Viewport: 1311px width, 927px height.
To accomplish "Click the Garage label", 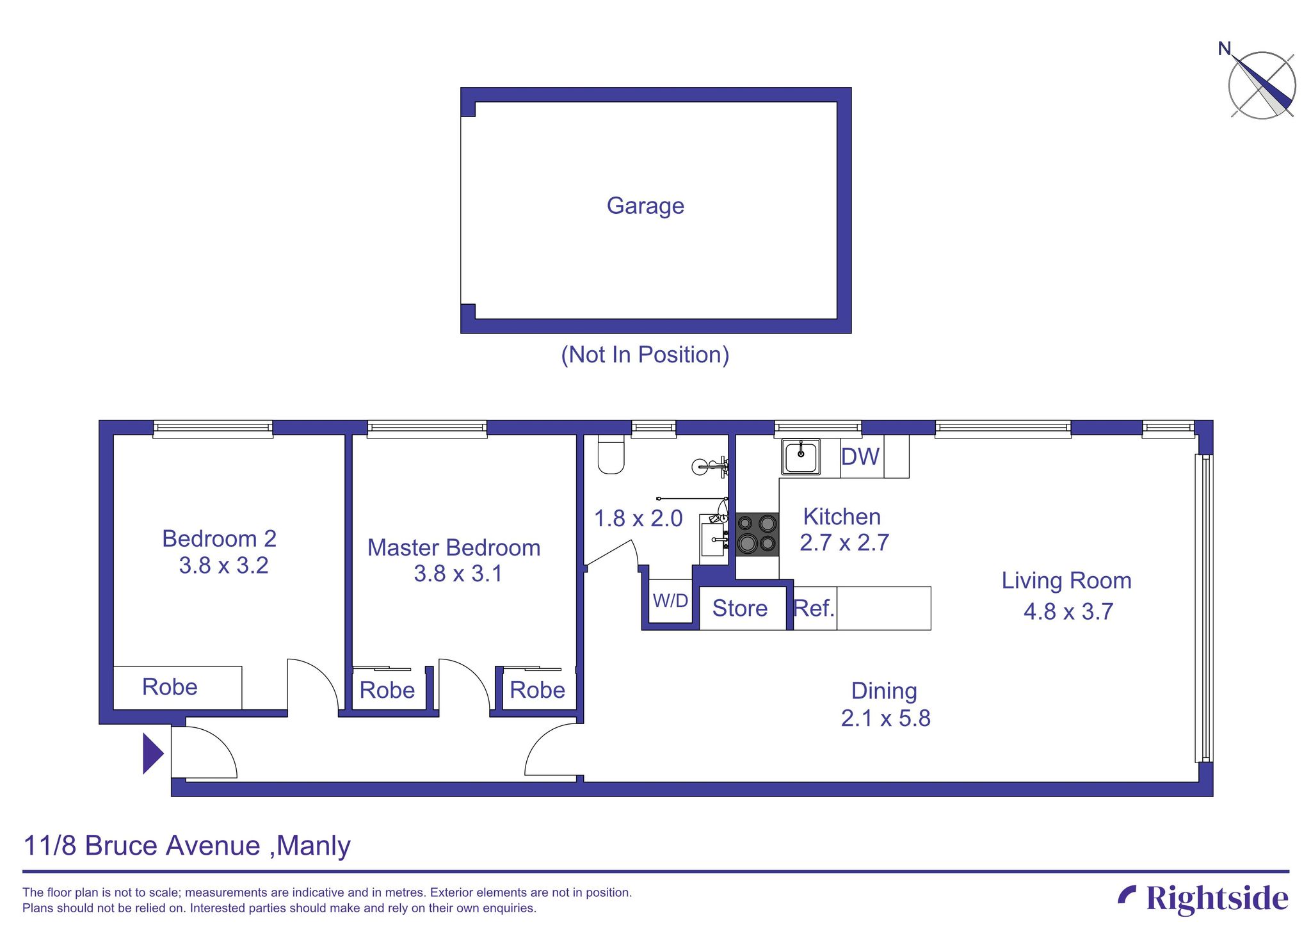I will coord(645,206).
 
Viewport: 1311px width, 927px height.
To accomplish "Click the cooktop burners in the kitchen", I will coord(757,534).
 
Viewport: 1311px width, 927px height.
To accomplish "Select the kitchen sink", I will coord(800,457).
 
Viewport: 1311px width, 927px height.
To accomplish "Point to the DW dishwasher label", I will coord(860,457).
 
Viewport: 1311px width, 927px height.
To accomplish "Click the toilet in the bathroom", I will coord(611,454).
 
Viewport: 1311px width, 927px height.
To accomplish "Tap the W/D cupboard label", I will coord(670,601).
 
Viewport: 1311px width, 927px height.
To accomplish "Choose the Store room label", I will coord(739,608).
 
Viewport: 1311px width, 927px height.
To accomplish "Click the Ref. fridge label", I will coord(814,608).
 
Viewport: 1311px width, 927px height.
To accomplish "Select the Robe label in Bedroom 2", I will coord(170,687).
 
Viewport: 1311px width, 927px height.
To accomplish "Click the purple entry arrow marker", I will coord(152,754).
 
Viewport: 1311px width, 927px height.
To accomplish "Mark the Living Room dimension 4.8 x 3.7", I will coord(1068,612).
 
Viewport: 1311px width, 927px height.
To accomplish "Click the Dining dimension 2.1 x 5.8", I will coord(885,718).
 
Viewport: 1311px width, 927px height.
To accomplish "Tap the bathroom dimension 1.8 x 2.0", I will coord(638,519).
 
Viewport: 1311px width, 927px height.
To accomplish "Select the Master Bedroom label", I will coord(454,548).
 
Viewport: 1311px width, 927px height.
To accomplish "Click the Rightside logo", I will coord(1203,898).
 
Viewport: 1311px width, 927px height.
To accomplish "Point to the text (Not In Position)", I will coord(645,355).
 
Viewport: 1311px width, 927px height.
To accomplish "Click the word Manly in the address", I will coord(314,846).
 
